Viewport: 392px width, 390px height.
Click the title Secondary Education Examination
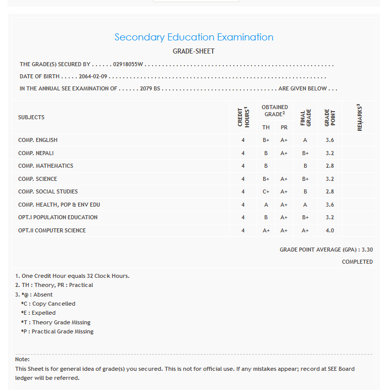pyautogui.click(x=194, y=37)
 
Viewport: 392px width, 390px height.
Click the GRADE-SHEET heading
pyautogui.click(x=194, y=52)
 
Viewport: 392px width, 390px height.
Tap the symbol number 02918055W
pyautogui.click(x=128, y=65)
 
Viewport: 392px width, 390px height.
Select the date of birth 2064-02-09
pyautogui.click(x=93, y=77)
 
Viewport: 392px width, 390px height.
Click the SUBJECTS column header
pyautogui.click(x=31, y=117)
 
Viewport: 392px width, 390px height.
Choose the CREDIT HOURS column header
pyautogui.click(x=243, y=117)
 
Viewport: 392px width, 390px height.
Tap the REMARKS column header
pyautogui.click(x=360, y=117)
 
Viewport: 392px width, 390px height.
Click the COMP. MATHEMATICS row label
pyautogui.click(x=45, y=166)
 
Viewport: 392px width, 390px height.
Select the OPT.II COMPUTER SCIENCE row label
pyautogui.click(x=52, y=230)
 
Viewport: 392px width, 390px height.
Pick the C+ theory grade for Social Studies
pyautogui.click(x=266, y=192)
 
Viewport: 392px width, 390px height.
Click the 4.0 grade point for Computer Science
pyautogui.click(x=330, y=230)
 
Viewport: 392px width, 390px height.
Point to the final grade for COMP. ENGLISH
pyautogui.click(x=305, y=140)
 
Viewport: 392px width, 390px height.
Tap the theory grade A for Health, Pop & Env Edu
pyautogui.click(x=266, y=205)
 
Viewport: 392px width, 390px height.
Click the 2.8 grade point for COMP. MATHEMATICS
pyautogui.click(x=330, y=166)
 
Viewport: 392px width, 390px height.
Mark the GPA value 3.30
pyautogui.click(x=367, y=250)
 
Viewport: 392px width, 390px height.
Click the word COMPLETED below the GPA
pyautogui.click(x=357, y=262)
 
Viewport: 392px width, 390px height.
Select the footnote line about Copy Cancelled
pyautogui.click(x=48, y=304)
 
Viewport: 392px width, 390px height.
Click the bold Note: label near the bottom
pyautogui.click(x=23, y=359)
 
